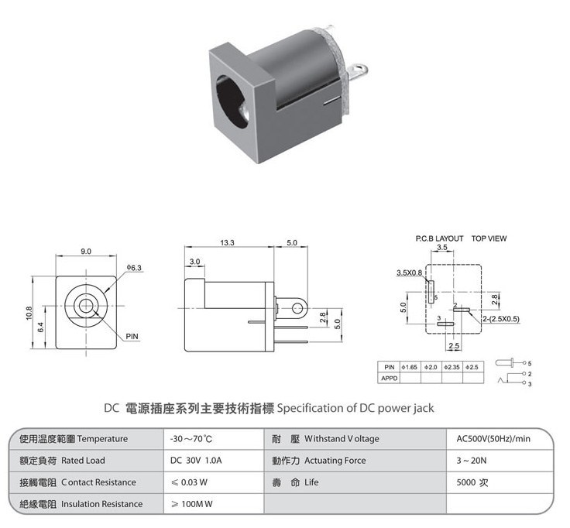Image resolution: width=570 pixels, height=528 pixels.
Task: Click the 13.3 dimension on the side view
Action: click(227, 243)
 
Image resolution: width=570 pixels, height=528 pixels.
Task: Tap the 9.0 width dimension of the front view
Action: click(86, 252)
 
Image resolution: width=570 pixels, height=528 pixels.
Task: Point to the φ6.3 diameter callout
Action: click(134, 268)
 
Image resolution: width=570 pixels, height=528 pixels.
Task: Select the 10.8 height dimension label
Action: click(29, 313)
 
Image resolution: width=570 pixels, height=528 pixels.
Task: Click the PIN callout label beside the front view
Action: click(132, 337)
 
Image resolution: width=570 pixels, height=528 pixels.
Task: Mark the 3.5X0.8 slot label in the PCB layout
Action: click(410, 273)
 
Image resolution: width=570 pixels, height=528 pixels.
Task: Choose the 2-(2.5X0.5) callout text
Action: click(501, 319)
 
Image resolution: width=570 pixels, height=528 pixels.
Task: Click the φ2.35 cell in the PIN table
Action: click(452, 368)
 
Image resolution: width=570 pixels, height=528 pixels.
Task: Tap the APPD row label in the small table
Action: click(389, 379)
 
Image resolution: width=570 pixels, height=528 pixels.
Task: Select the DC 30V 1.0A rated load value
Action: click(196, 461)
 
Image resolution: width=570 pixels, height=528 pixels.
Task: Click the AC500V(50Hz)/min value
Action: click(493, 439)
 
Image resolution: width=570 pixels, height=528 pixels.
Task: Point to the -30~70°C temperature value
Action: click(191, 439)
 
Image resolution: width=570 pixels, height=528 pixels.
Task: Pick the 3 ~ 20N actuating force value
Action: click(472, 461)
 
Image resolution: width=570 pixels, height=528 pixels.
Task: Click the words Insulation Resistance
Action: click(101, 504)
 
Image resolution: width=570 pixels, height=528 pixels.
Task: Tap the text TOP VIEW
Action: click(489, 238)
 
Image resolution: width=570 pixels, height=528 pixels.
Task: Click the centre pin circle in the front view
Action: click(86, 306)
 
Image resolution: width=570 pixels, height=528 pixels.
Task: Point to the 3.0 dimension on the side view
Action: click(195, 262)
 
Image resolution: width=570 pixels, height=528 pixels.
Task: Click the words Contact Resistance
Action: click(98, 482)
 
